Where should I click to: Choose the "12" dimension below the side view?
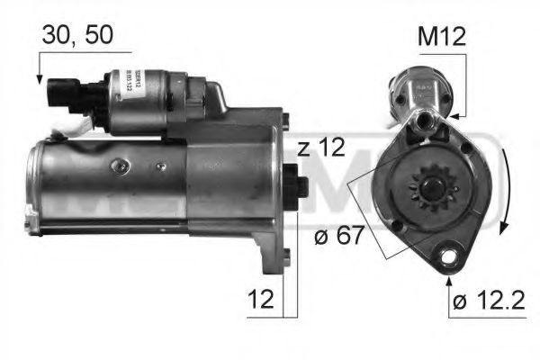[262, 299]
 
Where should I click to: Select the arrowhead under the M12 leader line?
[455, 114]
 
